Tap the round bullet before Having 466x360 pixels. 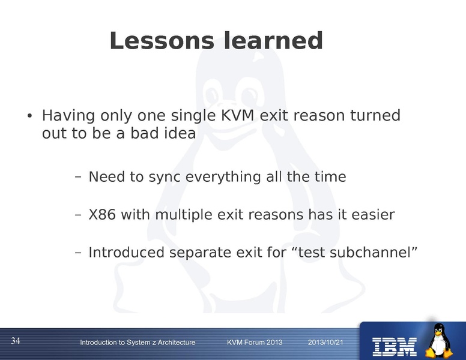pos(28,116)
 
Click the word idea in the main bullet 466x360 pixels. pos(178,133)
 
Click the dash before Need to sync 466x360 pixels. pos(78,178)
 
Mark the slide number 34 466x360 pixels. pos(16,341)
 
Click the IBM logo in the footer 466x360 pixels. pos(395,345)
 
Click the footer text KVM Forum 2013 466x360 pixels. pos(255,342)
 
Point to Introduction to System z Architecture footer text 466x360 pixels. pos(138,342)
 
